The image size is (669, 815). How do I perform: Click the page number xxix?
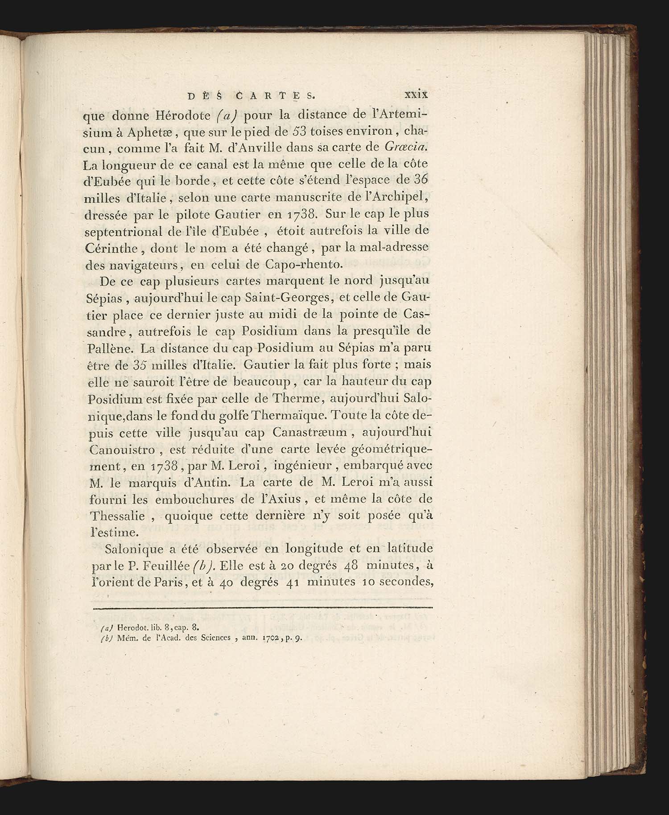(416, 94)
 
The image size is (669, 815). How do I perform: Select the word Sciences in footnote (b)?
(217, 637)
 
